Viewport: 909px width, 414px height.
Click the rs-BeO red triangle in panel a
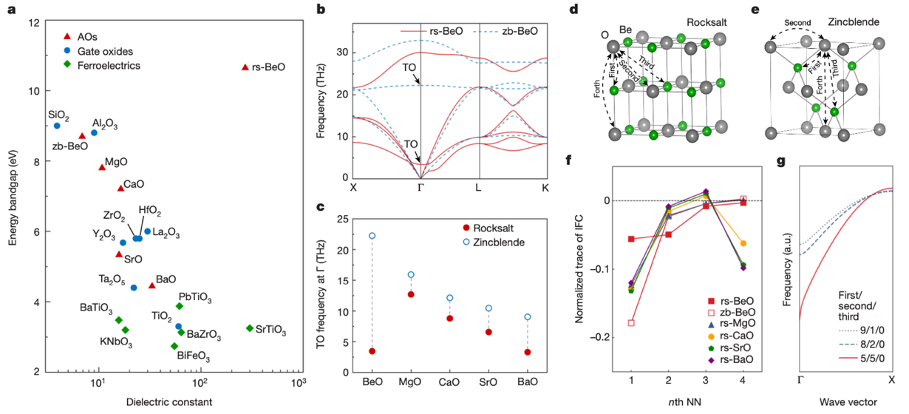click(245, 67)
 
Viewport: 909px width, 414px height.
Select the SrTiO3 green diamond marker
click(250, 328)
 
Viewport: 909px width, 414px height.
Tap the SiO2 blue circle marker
click(57, 126)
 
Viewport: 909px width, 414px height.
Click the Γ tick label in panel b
click(421, 187)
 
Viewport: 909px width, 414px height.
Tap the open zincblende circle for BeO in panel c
click(372, 236)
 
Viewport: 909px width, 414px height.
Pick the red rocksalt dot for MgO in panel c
click(411, 294)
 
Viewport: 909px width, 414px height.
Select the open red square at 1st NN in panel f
click(630, 323)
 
